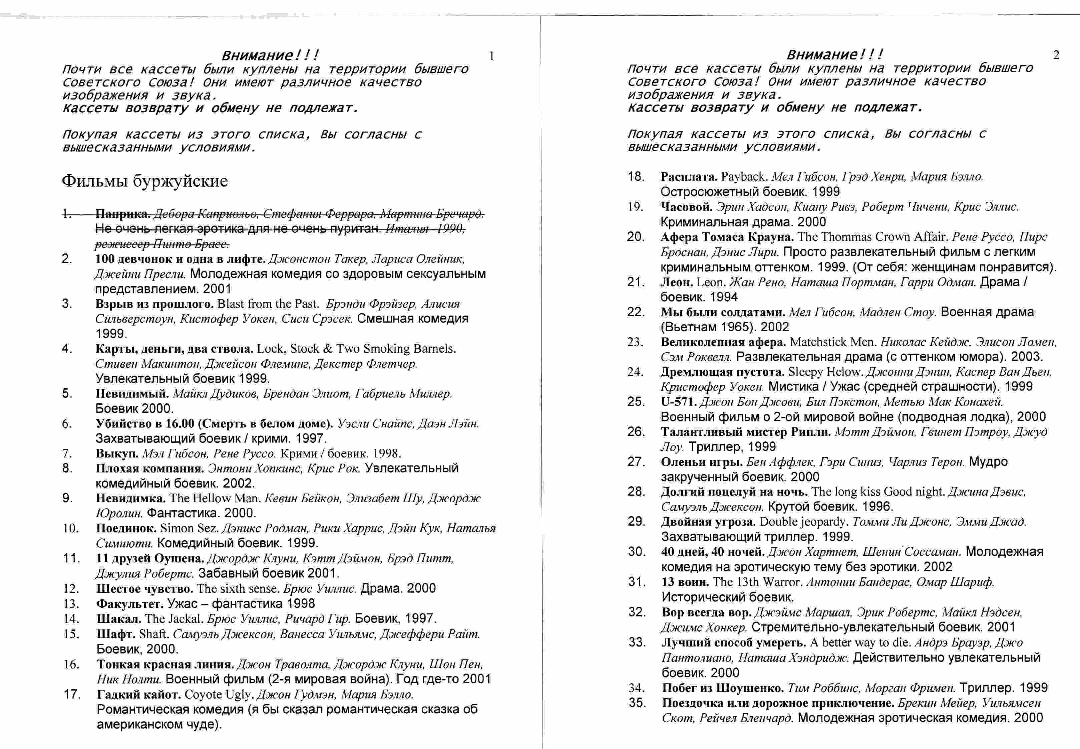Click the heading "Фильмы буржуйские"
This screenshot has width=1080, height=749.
(x=144, y=181)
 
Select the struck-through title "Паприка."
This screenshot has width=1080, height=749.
(x=123, y=214)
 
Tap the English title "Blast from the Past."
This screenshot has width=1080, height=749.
(x=268, y=304)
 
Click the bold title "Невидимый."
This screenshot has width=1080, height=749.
(x=132, y=393)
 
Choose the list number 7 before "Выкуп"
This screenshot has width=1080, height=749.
(x=67, y=453)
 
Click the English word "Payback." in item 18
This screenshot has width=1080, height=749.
(x=744, y=177)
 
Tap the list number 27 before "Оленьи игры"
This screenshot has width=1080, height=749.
(x=636, y=462)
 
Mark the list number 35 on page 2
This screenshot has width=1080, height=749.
(x=637, y=703)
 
